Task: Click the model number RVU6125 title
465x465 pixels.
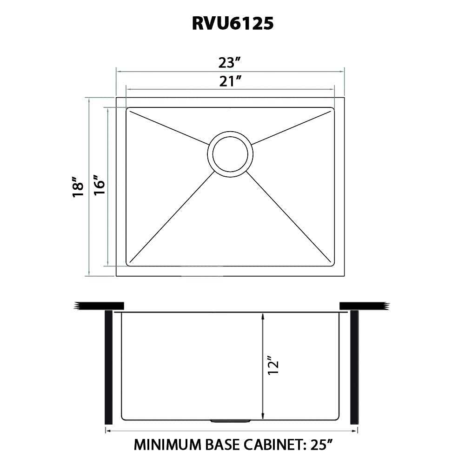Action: (x=232, y=23)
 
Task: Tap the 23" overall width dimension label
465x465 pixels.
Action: (x=230, y=61)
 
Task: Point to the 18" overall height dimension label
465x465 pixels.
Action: (x=79, y=187)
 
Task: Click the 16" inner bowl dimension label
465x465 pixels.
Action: (x=99, y=187)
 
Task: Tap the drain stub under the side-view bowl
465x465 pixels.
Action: (x=231, y=421)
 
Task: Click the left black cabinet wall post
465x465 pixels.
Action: (x=109, y=367)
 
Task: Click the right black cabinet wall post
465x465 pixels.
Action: (x=354, y=367)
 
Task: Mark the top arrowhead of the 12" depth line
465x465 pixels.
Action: (x=263, y=316)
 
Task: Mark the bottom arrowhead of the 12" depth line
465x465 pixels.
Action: (x=263, y=415)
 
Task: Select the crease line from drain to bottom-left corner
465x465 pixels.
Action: (x=172, y=216)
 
